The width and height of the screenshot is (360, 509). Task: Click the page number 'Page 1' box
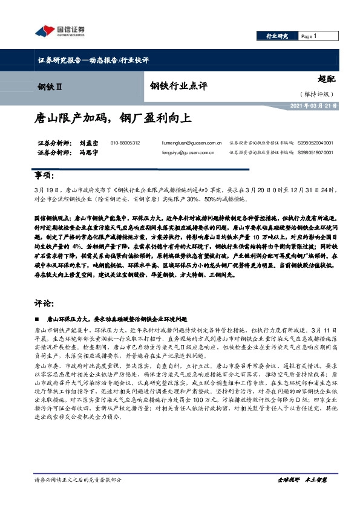(x=309, y=36)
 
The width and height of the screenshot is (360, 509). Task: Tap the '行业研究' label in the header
(x=277, y=36)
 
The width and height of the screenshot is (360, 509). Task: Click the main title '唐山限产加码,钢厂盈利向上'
(x=112, y=118)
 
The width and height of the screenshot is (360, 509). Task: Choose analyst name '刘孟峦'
(x=73, y=143)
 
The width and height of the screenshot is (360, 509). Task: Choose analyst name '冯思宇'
(x=73, y=154)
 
